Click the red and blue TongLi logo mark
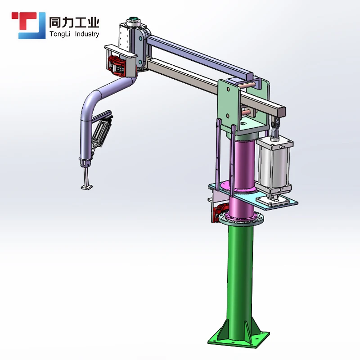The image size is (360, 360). [x=28, y=25]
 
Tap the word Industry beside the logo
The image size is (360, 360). [x=87, y=34]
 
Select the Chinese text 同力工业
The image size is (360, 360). [x=74, y=22]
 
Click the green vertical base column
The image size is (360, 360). [x=240, y=280]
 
